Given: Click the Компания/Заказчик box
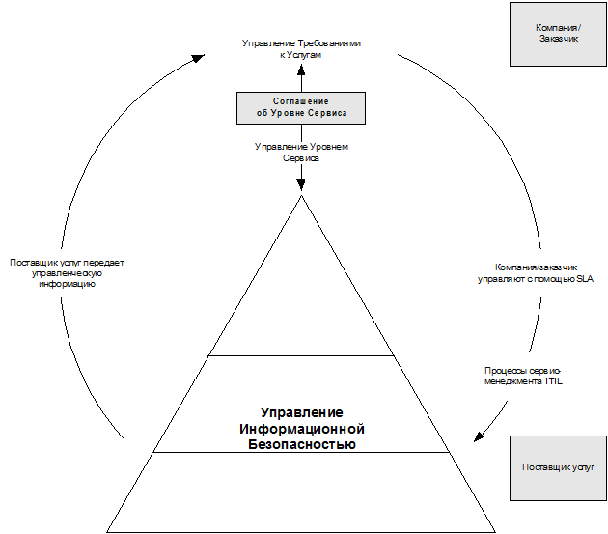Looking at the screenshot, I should coord(557,34).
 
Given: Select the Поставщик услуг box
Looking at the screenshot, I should coord(558,467).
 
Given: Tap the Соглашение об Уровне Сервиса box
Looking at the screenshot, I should coord(301,107).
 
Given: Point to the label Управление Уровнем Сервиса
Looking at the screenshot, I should coord(301,153).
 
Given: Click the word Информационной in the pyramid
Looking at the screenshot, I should coord(301,429).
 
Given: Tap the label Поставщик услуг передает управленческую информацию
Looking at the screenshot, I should coord(67,273).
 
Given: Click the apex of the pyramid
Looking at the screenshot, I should coord(302,196).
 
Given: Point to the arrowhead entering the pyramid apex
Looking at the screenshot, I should coord(302,184).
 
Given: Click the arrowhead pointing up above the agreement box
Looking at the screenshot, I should coord(302,70).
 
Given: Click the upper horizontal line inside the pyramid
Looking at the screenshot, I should coord(302,355).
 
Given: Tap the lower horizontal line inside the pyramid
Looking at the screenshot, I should coord(302,452).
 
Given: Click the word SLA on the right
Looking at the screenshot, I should coord(585,279).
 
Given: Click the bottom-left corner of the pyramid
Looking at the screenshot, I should coord(105,529).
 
